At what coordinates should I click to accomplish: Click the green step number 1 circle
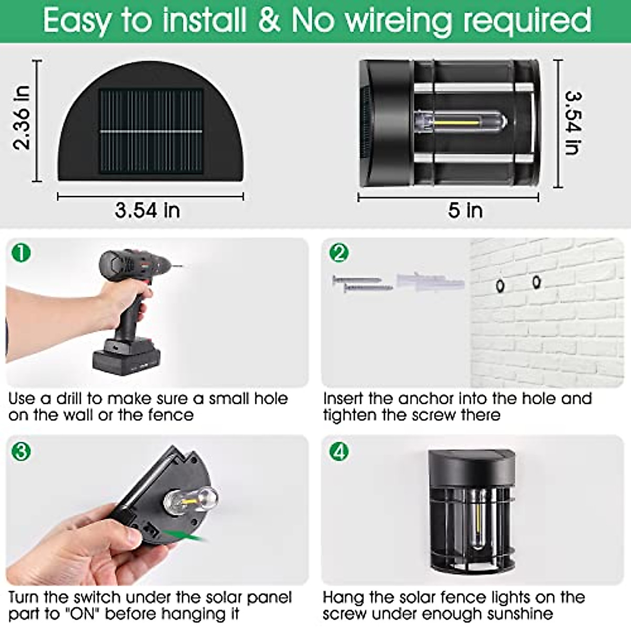point(21,253)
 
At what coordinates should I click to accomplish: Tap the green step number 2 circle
point(339,253)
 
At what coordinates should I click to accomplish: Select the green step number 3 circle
point(21,451)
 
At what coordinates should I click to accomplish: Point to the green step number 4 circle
point(339,451)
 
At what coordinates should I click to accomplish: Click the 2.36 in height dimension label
point(22,118)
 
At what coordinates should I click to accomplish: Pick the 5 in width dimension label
point(465,210)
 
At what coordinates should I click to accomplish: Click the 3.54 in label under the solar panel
point(147,210)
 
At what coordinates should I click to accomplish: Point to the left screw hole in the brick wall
point(500,286)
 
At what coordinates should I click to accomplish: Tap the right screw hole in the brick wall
point(536,282)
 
